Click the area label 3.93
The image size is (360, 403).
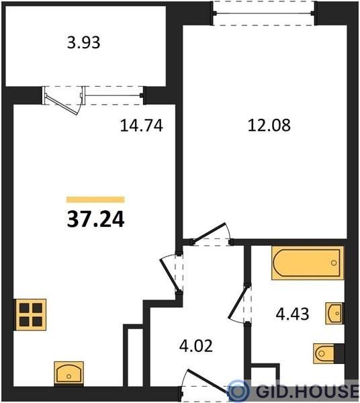tap(83, 43)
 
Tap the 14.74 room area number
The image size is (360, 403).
tap(142, 126)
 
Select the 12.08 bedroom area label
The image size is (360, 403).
tap(269, 126)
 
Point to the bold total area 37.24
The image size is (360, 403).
tap(95, 220)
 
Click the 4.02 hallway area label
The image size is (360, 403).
tap(196, 346)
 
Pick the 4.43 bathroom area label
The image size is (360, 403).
tap(292, 314)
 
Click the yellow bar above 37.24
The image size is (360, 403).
tap(95, 199)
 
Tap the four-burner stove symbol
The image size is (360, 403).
tap(30, 314)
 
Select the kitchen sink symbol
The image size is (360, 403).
tap(69, 373)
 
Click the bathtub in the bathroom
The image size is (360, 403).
tap(308, 263)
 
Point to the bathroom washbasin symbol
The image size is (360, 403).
tap(335, 313)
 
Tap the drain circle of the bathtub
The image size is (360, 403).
tap(334, 263)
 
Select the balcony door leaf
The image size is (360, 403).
tap(62, 105)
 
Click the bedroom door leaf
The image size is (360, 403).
tap(210, 232)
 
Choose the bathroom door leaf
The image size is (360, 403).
tap(238, 303)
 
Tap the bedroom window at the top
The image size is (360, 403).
tap(264, 13)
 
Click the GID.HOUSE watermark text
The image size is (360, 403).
tap(308, 390)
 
